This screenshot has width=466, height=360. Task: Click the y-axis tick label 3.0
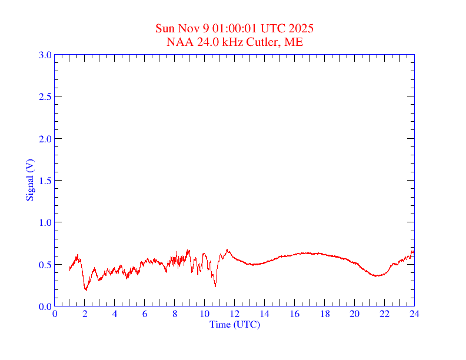pyautogui.click(x=45, y=55)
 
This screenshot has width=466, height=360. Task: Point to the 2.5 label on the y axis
pyautogui.click(x=45, y=96)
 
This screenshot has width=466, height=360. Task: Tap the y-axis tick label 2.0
pyautogui.click(x=45, y=139)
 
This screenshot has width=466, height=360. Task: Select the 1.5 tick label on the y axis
pyautogui.click(x=45, y=181)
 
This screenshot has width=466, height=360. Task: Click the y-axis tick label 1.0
pyautogui.click(x=45, y=222)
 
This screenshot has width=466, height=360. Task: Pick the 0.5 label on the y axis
pyautogui.click(x=45, y=265)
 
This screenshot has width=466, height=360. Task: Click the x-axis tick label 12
pyautogui.click(x=235, y=314)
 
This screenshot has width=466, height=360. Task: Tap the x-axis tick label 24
pyautogui.click(x=414, y=314)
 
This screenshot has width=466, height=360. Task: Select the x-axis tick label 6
pyautogui.click(x=145, y=314)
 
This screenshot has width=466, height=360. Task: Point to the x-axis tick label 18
pyautogui.click(x=324, y=314)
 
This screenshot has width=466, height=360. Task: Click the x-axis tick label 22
pyautogui.click(x=384, y=314)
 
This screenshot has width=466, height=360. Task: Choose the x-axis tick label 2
pyautogui.click(x=85, y=314)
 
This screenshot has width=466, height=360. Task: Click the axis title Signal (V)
pyautogui.click(x=29, y=180)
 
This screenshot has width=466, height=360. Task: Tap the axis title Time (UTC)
pyautogui.click(x=235, y=324)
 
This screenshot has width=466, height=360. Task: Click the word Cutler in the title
pyautogui.click(x=266, y=42)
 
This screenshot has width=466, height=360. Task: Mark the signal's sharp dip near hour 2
pyautogui.click(x=86, y=289)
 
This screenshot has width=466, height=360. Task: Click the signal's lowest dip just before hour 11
pyautogui.click(x=215, y=286)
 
